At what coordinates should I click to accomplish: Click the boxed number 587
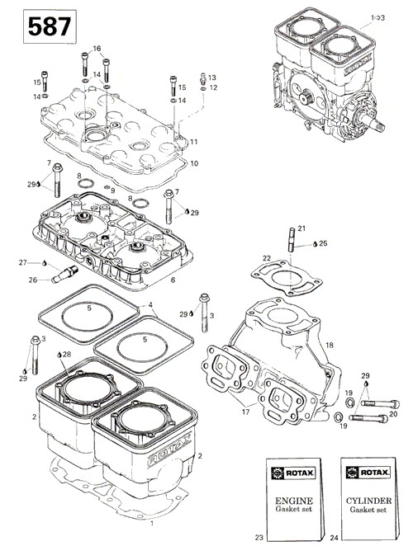click(50, 26)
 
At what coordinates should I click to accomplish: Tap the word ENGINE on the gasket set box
click(293, 501)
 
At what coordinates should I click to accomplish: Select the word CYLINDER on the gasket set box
click(368, 501)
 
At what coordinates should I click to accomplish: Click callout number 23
click(259, 537)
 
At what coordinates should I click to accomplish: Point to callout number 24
click(334, 538)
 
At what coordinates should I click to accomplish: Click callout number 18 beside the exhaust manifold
click(330, 345)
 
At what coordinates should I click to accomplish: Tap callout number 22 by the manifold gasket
click(267, 258)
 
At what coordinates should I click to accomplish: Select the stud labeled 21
click(292, 239)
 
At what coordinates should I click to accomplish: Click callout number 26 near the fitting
click(33, 280)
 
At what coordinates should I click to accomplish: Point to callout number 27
click(23, 263)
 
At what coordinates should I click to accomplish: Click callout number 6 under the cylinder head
click(173, 280)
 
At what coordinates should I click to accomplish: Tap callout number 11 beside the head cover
click(193, 142)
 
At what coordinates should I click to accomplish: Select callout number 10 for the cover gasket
click(194, 163)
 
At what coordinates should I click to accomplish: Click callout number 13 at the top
click(212, 78)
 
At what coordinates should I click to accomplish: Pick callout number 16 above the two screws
click(97, 49)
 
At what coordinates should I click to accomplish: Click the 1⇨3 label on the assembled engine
click(377, 17)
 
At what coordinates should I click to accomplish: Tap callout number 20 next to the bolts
click(393, 414)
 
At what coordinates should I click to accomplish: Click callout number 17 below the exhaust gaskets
click(245, 412)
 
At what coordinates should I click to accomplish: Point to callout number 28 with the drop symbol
click(67, 355)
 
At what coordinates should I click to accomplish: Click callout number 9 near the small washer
click(112, 191)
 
